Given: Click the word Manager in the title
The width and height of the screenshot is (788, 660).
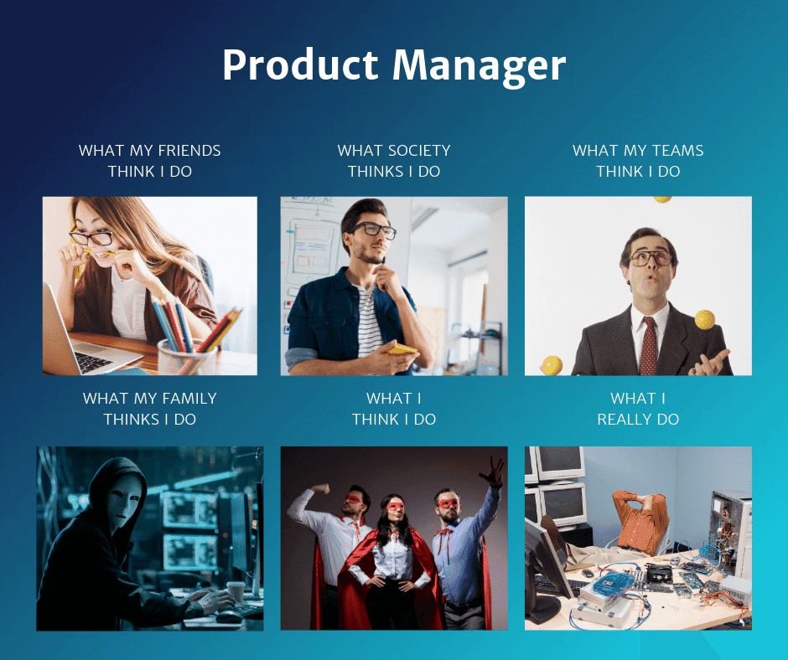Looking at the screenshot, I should tap(480, 65).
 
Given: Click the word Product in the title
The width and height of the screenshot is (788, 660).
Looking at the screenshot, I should tap(301, 65).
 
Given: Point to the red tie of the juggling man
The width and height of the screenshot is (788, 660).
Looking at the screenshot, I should tap(648, 344).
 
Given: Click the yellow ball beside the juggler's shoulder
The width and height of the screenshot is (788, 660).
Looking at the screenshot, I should tap(704, 319).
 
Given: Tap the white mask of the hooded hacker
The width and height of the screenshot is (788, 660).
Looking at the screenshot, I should tap(121, 503).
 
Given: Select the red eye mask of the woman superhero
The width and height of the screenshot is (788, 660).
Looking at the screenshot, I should tap(394, 507).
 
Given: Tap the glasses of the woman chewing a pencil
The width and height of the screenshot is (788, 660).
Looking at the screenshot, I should tap(92, 238).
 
